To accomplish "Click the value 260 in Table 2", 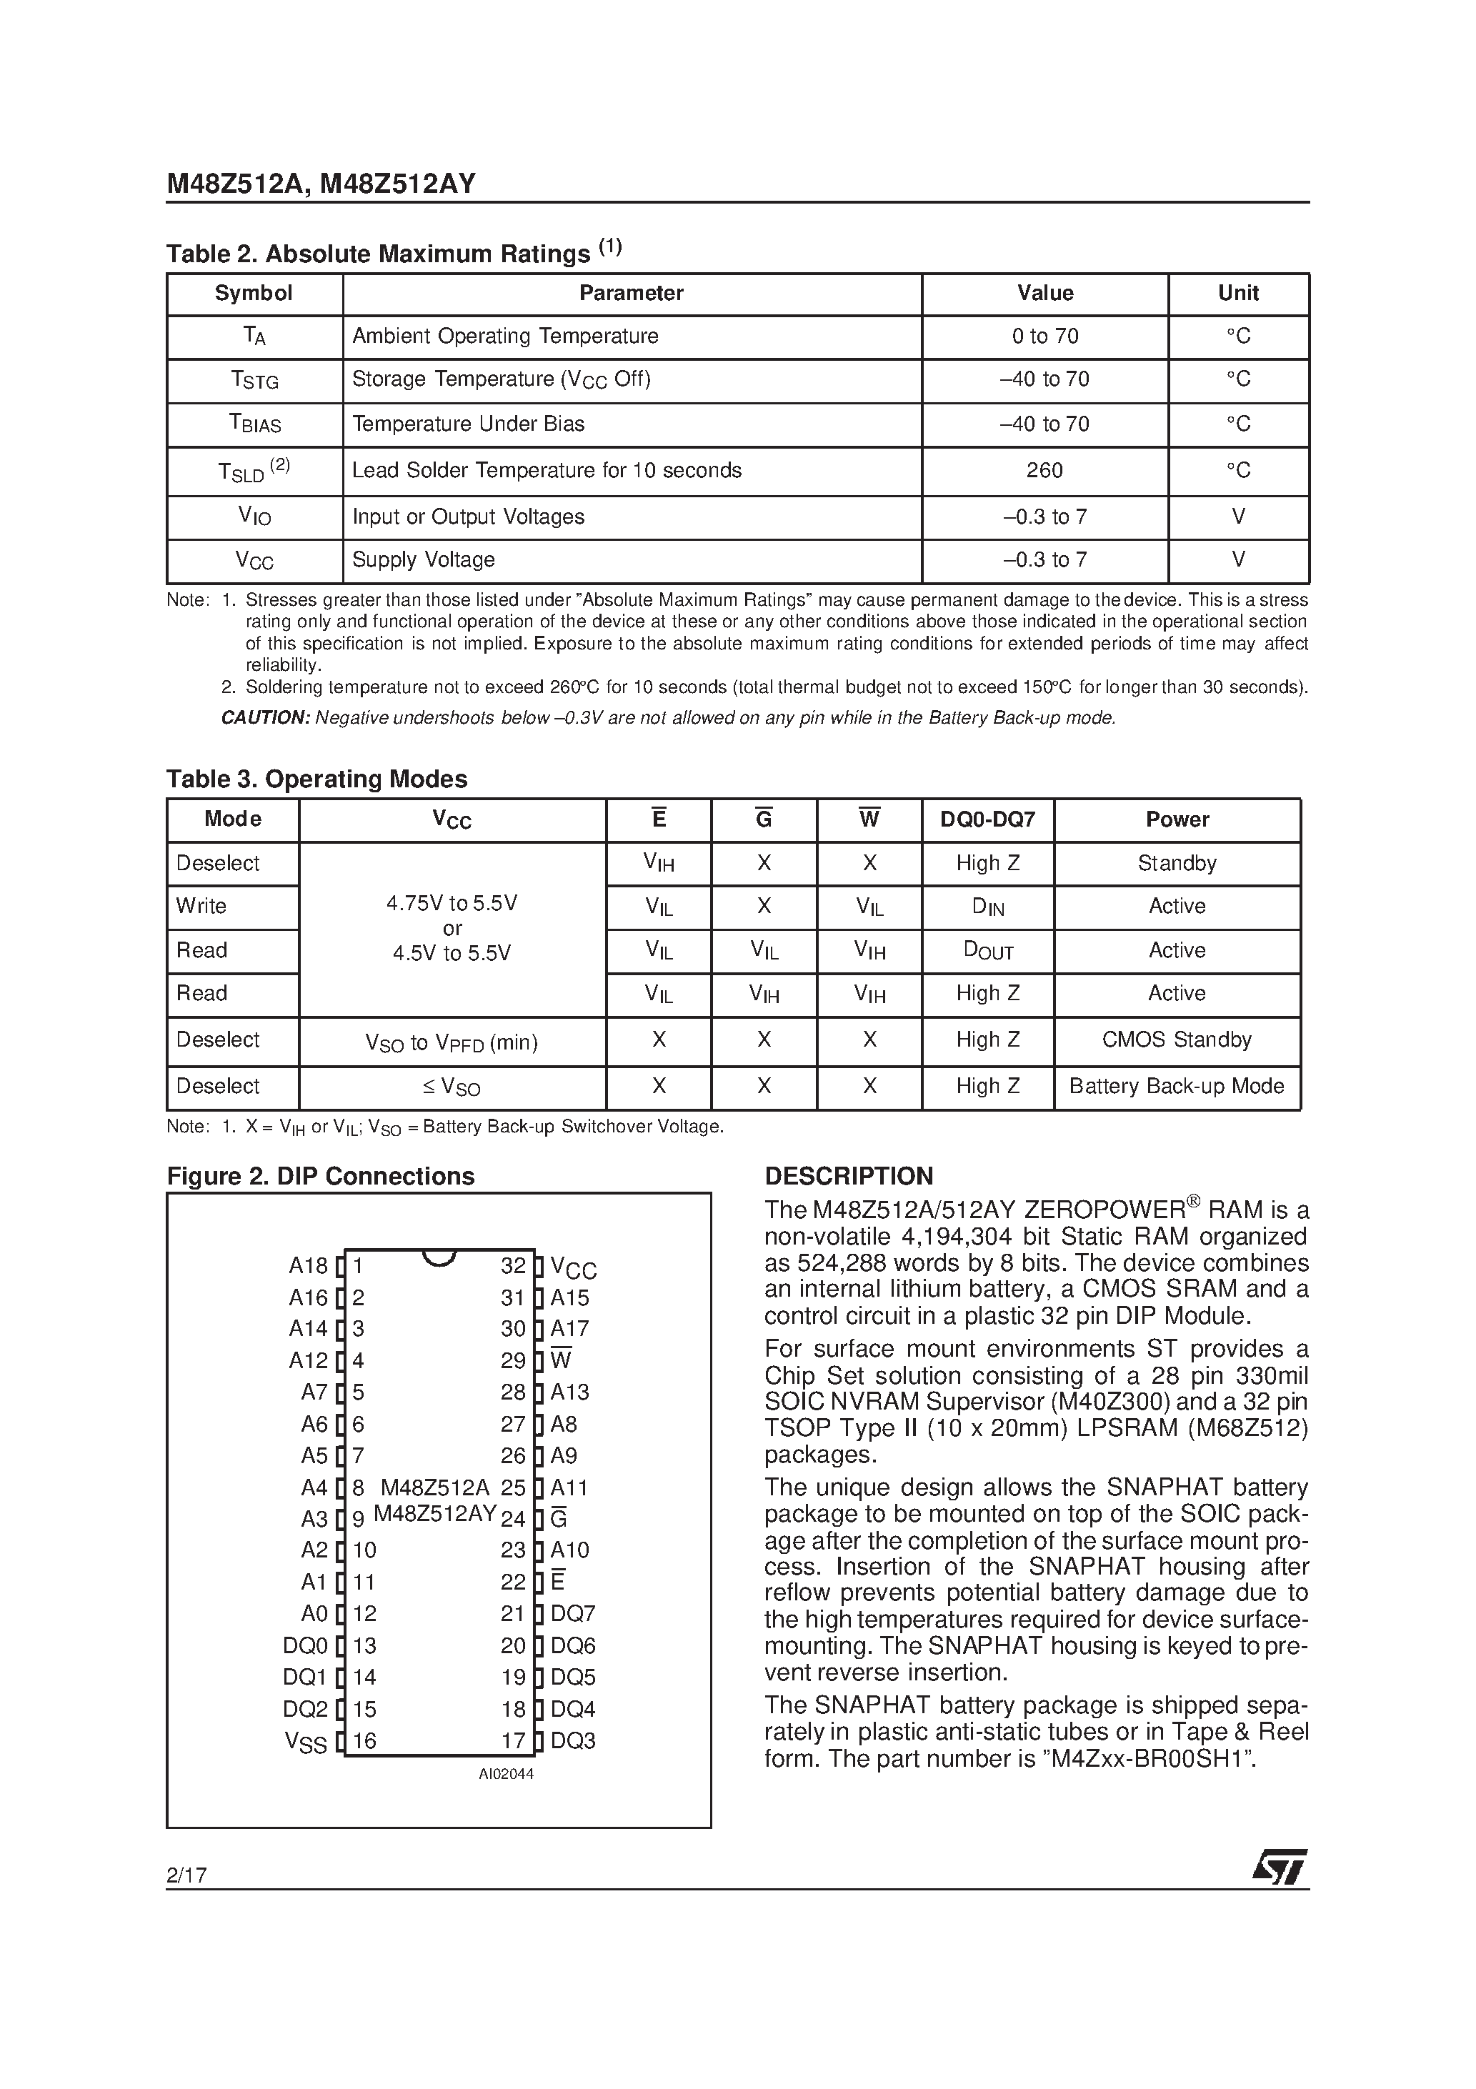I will click(1044, 470).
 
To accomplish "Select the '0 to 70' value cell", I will click(1044, 336).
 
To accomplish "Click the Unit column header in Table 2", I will click(1237, 293).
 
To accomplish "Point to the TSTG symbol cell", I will click(254, 380).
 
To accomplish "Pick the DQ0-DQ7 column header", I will click(987, 819).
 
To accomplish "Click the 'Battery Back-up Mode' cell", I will click(1176, 1087).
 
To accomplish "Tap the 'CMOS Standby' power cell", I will click(1176, 1040).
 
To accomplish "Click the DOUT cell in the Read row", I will click(987, 951).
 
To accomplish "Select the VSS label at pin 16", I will click(306, 1742).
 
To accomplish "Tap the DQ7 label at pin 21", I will click(572, 1614).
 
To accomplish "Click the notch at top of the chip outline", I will click(439, 1257).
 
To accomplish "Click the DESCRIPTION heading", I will click(848, 1177).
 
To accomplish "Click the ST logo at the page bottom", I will click(1280, 1867).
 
